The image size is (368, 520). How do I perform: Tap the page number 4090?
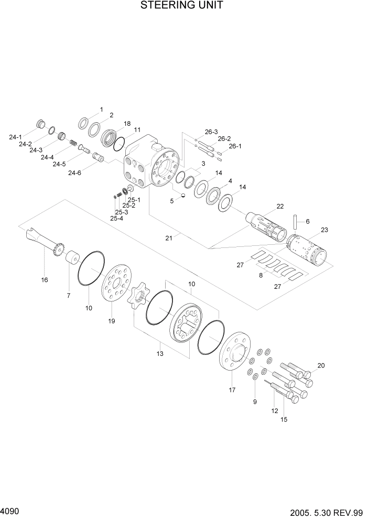pyautogui.click(x=11, y=510)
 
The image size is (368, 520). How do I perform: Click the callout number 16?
pyautogui.click(x=45, y=280)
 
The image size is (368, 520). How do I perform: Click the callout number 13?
pyautogui.click(x=160, y=354)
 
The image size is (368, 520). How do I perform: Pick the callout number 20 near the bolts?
pyautogui.click(x=321, y=365)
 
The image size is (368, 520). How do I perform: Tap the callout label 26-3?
pyautogui.click(x=211, y=132)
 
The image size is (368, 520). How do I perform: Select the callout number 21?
pyautogui.click(x=169, y=238)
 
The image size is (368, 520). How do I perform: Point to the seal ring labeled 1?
pyautogui.click(x=84, y=123)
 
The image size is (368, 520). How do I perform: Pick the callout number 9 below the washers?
pyautogui.click(x=255, y=402)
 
